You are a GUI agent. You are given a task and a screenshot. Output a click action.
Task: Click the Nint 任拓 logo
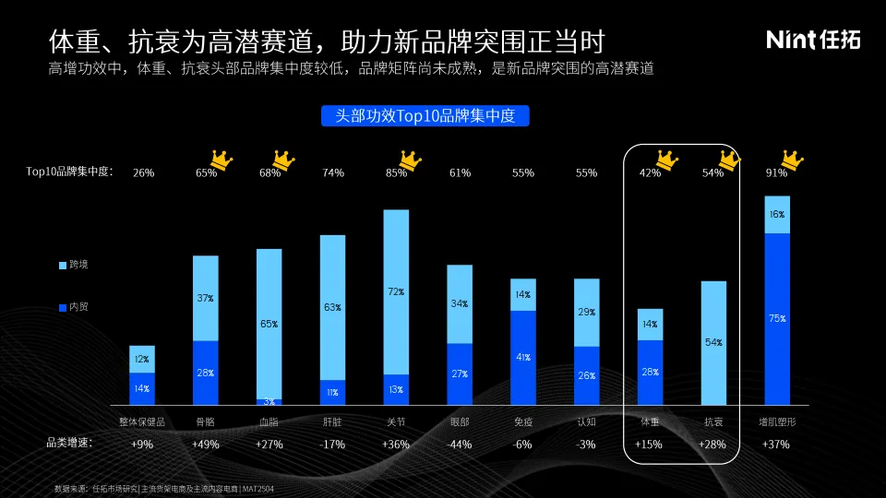[813, 39]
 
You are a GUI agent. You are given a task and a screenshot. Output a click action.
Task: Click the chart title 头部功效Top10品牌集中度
[425, 115]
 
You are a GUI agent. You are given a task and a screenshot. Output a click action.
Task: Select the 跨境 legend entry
[73, 265]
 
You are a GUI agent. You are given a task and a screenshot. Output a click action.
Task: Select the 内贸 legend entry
[73, 306]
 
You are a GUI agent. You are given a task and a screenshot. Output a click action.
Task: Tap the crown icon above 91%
[789, 159]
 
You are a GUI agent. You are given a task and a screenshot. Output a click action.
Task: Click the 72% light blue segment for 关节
[396, 291]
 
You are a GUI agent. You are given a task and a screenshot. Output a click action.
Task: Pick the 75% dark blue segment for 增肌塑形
[777, 319]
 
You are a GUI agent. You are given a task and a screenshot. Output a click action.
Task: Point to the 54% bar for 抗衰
[713, 343]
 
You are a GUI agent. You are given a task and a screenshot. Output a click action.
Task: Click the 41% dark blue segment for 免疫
[523, 358]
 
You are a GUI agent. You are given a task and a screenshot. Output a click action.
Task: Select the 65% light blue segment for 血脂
[269, 324]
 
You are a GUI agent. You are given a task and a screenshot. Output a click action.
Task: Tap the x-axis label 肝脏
[333, 421]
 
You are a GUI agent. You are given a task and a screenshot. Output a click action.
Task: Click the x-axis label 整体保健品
[142, 421]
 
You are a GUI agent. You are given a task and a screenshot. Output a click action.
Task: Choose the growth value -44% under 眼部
[459, 444]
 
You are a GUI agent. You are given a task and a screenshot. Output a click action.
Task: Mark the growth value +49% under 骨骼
[206, 444]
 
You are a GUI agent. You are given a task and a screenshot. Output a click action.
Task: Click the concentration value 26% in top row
[143, 172]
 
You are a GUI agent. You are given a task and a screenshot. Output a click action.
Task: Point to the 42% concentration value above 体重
[650, 172]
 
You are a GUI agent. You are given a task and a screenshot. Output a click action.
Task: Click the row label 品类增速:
[70, 443]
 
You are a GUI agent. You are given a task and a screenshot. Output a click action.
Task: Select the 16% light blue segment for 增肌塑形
[777, 214]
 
